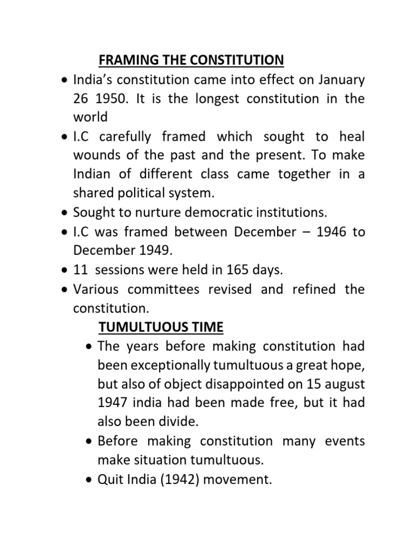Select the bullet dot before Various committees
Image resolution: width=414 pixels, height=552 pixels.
point(64,289)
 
